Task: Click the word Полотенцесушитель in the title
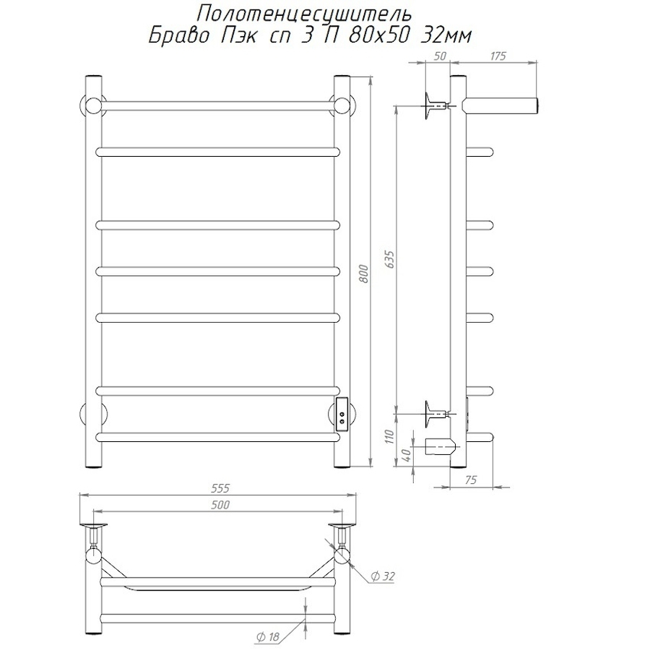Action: tap(303, 15)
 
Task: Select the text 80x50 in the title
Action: tap(379, 37)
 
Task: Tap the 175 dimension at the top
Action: tap(498, 56)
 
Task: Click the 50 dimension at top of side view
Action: tap(441, 56)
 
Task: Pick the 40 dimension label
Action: tap(407, 456)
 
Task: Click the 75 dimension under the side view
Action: tap(470, 480)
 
